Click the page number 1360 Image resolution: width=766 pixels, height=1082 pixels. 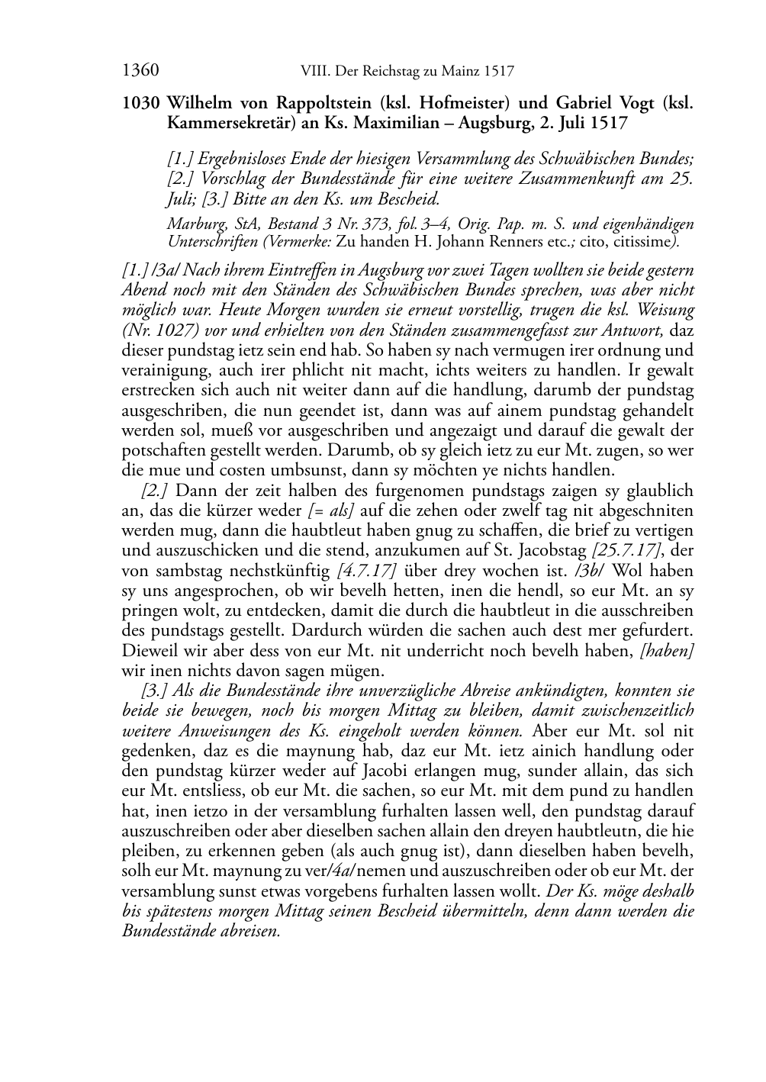point(140,71)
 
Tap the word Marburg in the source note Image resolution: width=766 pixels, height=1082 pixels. point(193,224)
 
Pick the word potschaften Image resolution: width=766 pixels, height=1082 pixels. point(159,450)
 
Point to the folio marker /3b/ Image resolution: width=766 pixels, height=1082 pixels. point(587,570)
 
